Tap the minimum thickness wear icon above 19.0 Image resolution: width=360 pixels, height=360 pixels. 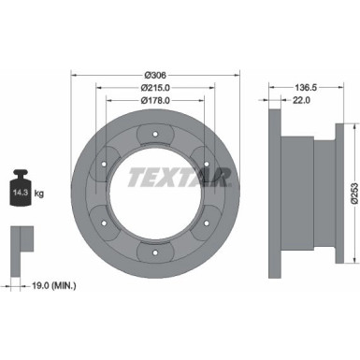tap(20, 239)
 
